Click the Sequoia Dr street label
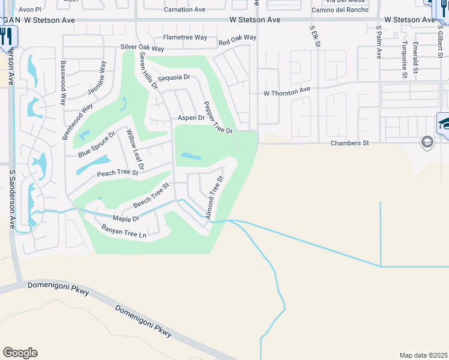pos(174,78)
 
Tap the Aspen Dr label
pos(191,118)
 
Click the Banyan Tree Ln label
pos(124,231)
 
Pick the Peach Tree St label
pos(118,173)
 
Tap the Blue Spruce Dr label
pos(96,145)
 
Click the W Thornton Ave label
pos(287,93)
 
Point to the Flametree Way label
pos(185,37)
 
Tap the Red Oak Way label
pos(237,40)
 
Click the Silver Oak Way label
pos(142,47)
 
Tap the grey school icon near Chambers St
pos(427,142)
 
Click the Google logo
pos(20,353)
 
